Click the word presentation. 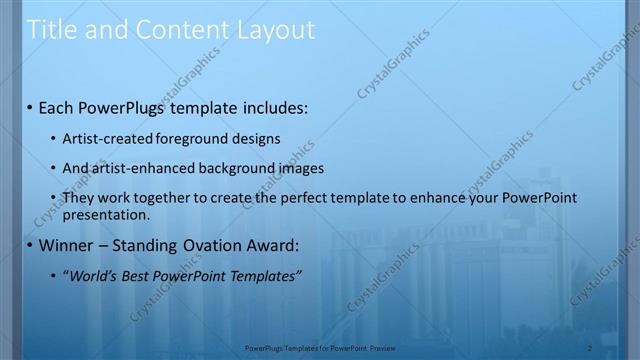point(106,214)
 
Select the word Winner point(66,245)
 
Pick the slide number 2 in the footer point(590,348)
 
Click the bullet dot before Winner point(30,245)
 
